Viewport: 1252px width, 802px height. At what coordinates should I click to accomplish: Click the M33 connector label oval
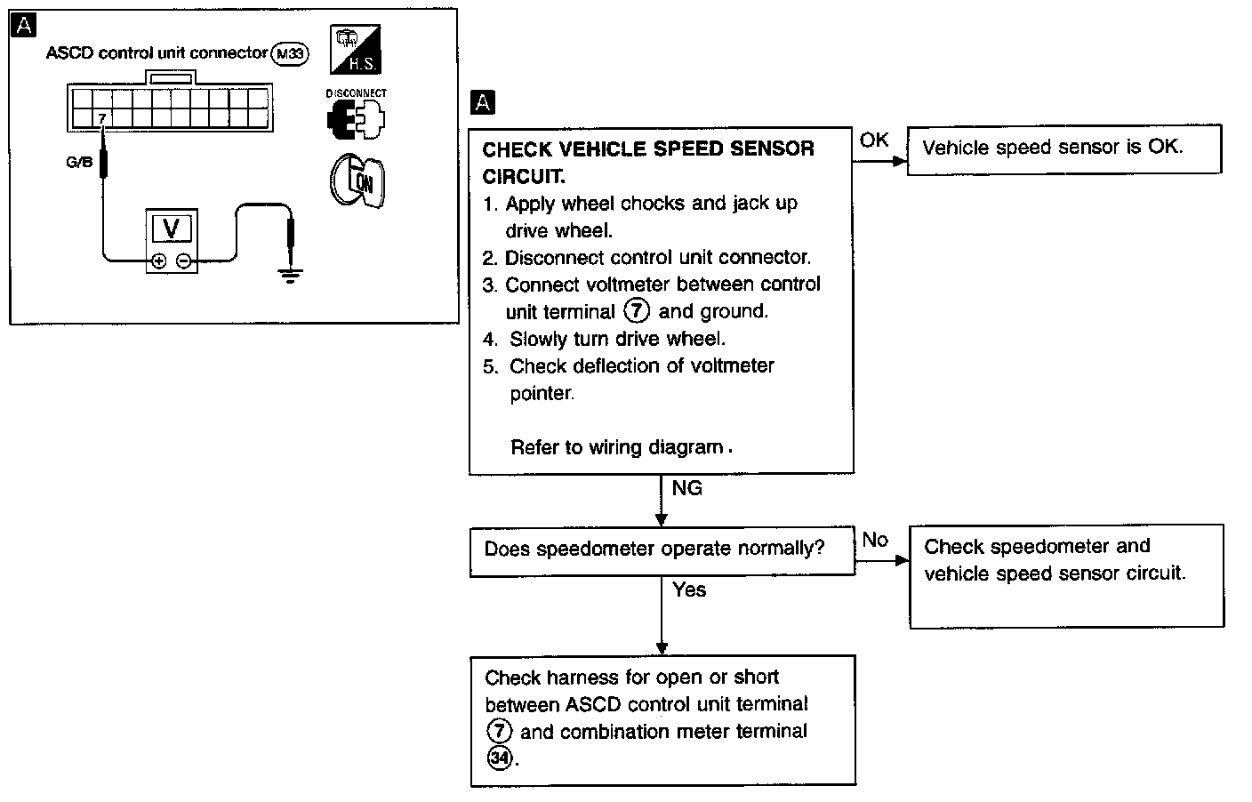tap(290, 54)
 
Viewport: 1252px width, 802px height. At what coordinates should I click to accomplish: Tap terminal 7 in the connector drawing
tap(102, 117)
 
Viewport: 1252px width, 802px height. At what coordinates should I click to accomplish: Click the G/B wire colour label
tap(79, 163)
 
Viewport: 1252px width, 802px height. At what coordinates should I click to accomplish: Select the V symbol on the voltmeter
tap(172, 229)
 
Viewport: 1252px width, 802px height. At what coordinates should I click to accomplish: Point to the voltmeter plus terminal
tap(158, 261)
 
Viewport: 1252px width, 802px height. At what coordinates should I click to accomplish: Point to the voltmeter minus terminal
tap(183, 261)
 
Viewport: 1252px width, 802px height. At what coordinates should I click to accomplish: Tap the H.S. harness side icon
tap(355, 49)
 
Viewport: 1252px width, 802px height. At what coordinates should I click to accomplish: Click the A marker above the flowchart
tap(483, 103)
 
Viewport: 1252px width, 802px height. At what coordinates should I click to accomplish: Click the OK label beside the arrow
tap(874, 140)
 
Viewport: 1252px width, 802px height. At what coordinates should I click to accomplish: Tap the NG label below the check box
tap(686, 488)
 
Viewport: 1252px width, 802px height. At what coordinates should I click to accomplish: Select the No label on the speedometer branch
tap(875, 540)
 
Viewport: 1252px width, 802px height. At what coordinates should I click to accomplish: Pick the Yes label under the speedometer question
tap(689, 589)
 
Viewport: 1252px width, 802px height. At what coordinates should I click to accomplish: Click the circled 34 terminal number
tap(499, 758)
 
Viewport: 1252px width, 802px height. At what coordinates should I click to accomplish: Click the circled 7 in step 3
tap(638, 311)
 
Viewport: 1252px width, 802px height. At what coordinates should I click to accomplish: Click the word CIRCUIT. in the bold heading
tap(524, 176)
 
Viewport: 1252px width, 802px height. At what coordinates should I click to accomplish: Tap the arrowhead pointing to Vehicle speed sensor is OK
tap(901, 162)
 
